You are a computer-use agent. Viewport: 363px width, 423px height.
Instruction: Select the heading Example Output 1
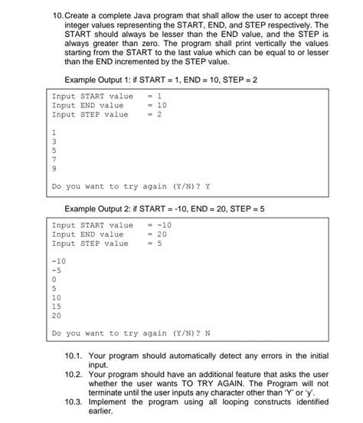click(103, 80)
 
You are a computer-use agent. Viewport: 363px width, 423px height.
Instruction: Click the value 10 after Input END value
click(162, 106)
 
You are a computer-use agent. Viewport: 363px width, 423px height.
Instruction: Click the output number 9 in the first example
click(54, 167)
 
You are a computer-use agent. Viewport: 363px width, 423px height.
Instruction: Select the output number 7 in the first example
click(54, 159)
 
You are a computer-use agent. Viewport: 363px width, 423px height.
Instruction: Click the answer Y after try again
click(208, 186)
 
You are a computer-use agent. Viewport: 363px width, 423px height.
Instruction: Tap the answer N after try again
click(208, 333)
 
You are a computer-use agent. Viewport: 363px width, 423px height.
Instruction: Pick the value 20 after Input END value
click(162, 234)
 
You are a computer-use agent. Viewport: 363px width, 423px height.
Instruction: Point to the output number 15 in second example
click(56, 306)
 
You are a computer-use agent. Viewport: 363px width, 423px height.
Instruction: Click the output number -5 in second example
click(56, 270)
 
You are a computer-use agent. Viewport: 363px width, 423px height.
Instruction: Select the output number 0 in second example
click(54, 279)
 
